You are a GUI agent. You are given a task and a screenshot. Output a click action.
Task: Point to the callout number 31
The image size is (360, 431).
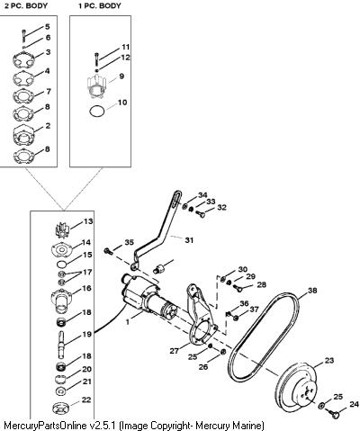[x=189, y=240]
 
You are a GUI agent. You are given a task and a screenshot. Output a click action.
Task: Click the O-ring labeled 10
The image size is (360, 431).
[x=97, y=111]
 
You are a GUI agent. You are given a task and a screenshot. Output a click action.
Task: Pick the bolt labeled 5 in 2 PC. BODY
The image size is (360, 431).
[x=23, y=35]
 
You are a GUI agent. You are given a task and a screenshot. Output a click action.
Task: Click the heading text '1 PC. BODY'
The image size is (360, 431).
[x=100, y=5]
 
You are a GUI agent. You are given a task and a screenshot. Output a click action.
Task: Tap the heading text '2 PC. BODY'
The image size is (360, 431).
[x=26, y=5]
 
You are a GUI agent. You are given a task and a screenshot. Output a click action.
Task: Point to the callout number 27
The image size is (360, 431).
[x=174, y=351]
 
